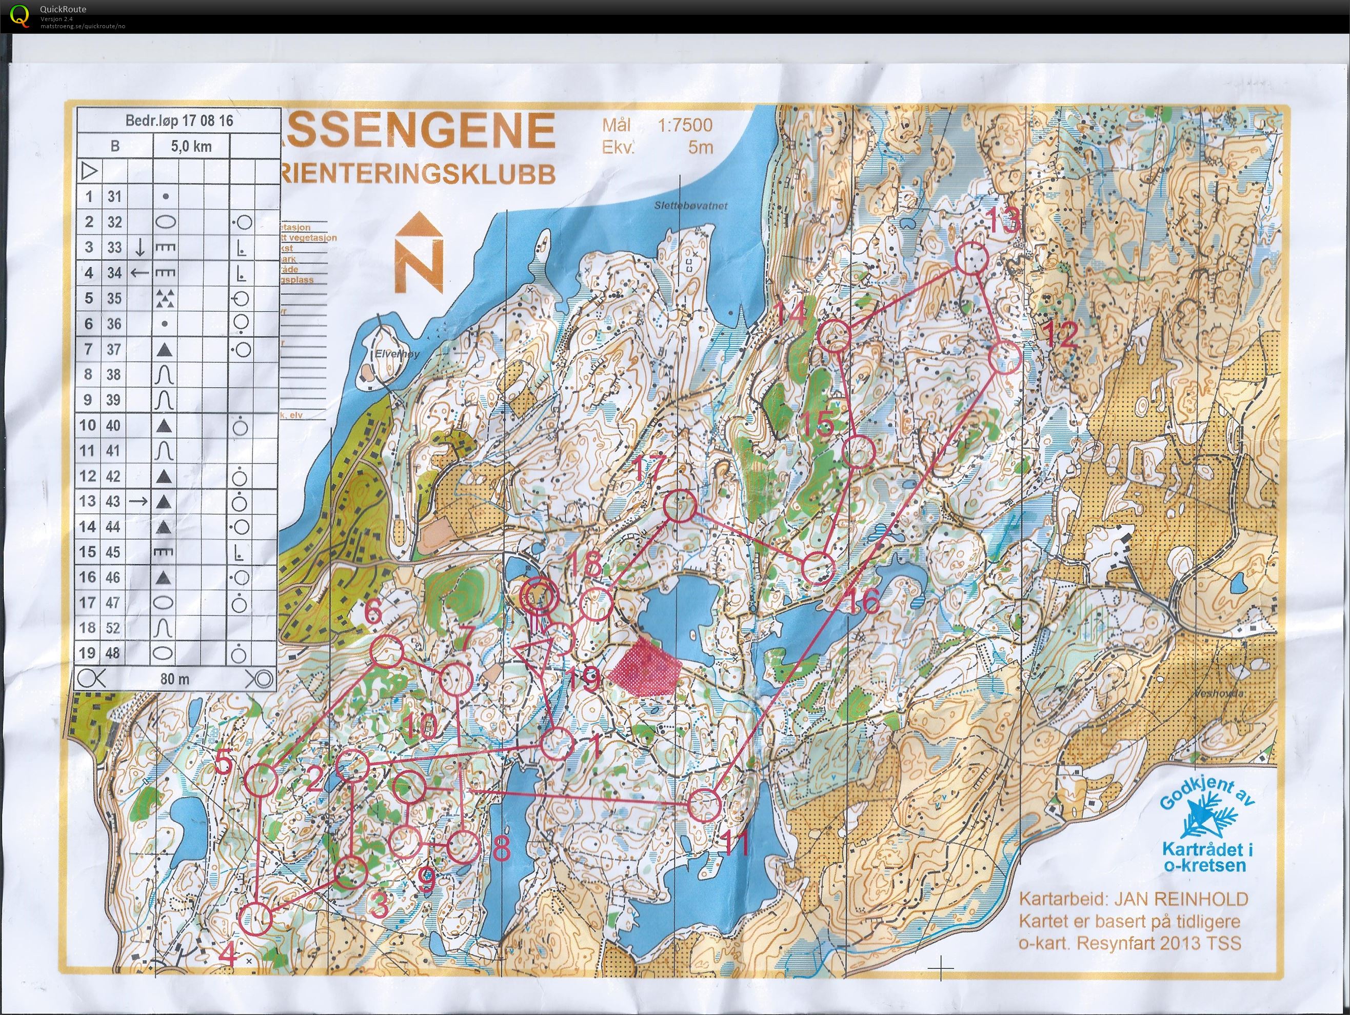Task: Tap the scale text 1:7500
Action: coord(684,125)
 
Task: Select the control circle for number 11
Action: coord(705,805)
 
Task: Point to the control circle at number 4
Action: coord(256,919)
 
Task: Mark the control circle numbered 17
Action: coord(679,506)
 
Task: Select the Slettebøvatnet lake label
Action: coord(691,206)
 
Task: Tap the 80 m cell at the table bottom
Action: coord(174,679)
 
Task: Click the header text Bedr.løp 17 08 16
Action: coord(179,120)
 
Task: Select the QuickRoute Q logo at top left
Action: coord(20,15)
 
